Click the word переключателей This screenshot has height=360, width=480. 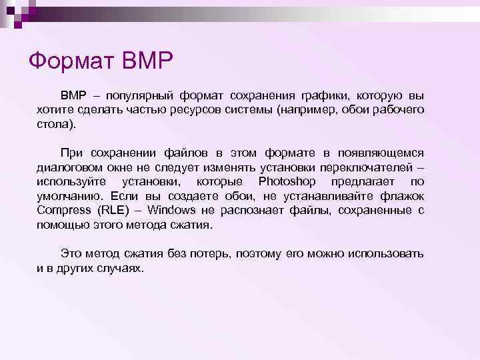[x=370, y=166]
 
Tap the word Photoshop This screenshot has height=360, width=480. [x=287, y=181]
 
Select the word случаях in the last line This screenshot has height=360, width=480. [x=121, y=269]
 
